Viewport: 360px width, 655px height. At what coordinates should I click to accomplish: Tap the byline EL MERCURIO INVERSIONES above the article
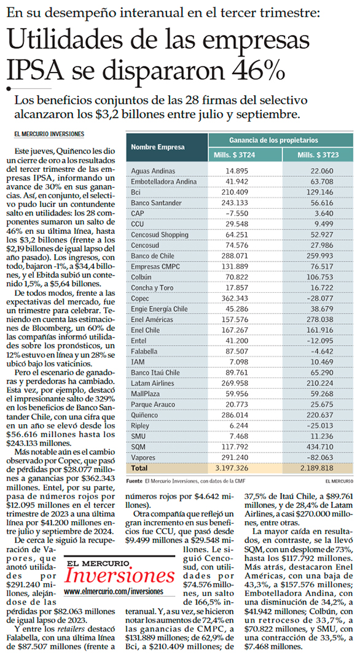pyautogui.click(x=49, y=134)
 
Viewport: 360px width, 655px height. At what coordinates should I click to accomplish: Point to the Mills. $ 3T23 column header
pyautogui.click(x=318, y=155)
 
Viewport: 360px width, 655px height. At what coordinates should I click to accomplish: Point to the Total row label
pyautogui.click(x=139, y=468)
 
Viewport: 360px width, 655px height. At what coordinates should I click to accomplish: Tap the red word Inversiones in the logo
pyautogui.click(x=120, y=576)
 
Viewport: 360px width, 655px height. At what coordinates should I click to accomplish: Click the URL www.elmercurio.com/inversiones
pyautogui.click(x=114, y=592)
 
